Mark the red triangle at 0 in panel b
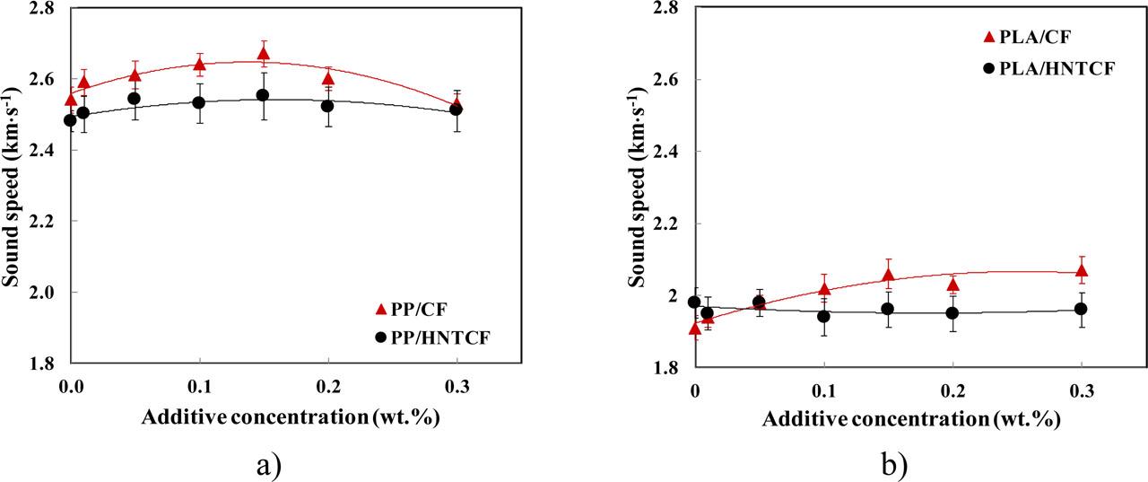coord(694,329)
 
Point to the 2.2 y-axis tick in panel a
coord(43,221)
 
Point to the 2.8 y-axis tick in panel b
coord(667,8)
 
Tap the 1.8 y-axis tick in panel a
coord(43,364)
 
